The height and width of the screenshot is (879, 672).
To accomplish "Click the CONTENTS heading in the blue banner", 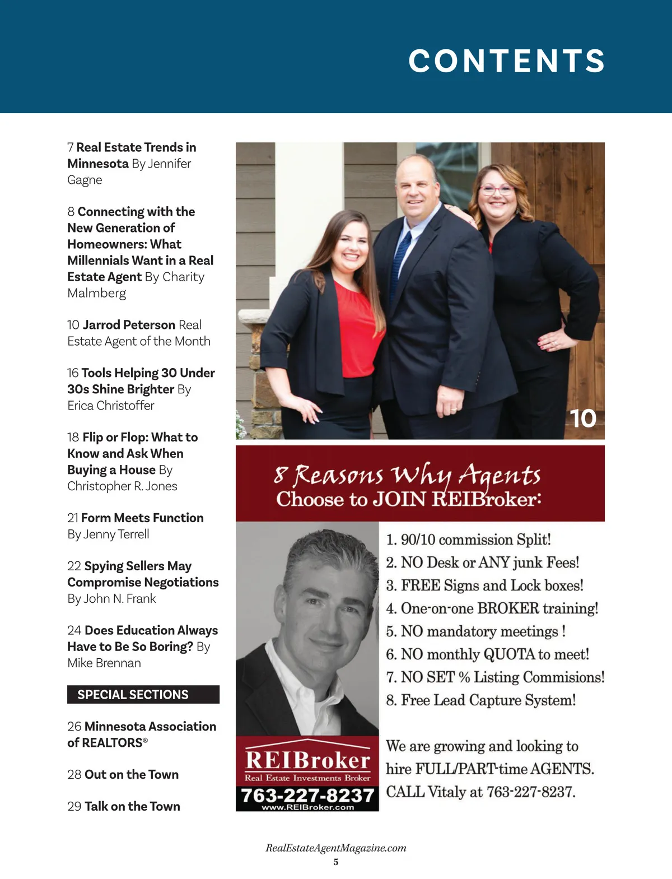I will (506, 61).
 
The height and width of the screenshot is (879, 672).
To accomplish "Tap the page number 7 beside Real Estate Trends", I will (71, 147).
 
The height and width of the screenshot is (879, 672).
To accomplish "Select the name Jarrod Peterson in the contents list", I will (129, 325).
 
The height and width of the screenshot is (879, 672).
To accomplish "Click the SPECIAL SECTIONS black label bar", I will (143, 695).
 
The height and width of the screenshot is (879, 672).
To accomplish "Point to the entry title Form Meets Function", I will (142, 518).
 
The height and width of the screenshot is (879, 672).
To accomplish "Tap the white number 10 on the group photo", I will (583, 418).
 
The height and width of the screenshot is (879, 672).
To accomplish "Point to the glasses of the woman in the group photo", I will (497, 190).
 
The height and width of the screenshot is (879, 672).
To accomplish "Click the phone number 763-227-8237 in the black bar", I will (307, 795).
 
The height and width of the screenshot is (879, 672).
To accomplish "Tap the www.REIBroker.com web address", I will (307, 807).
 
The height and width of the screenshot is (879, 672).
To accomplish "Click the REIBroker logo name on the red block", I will (307, 760).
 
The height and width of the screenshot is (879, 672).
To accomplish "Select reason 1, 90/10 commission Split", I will (468, 540).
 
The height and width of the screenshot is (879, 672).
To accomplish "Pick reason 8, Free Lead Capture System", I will (480, 700).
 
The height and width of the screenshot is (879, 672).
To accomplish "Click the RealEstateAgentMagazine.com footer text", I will (336, 848).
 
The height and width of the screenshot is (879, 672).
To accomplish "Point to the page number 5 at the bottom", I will (336, 862).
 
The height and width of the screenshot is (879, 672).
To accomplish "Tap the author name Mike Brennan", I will (104, 663).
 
